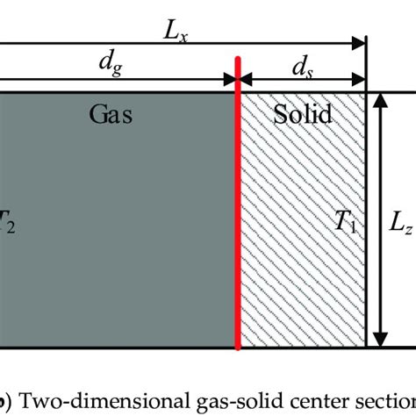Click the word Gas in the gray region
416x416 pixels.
pos(111,114)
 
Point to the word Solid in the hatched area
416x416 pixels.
pos(301,114)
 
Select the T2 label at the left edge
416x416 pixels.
pos(6,223)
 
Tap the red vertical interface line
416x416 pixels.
pos(238,219)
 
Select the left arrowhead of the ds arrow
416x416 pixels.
pos(246,80)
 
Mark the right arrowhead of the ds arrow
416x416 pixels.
pos(361,80)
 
